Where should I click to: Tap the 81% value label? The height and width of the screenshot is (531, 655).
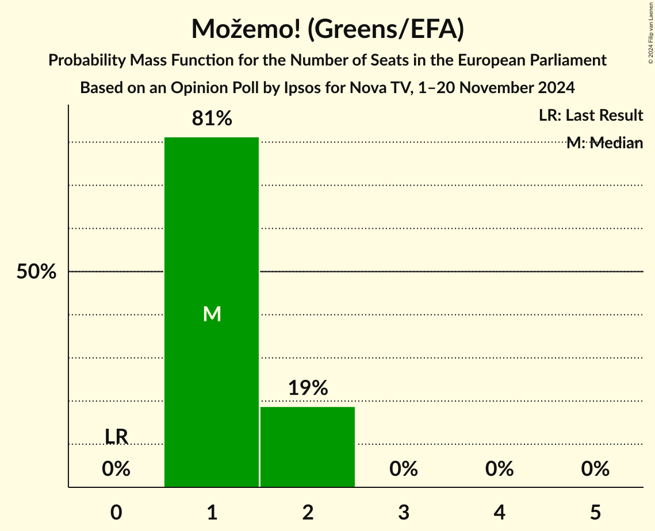[x=212, y=119]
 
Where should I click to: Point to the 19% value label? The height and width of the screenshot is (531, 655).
[x=308, y=388]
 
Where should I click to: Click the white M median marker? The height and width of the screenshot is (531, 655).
[x=212, y=314]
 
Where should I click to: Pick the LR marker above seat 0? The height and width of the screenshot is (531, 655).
[x=116, y=437]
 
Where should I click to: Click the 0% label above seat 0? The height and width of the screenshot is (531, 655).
[x=116, y=470]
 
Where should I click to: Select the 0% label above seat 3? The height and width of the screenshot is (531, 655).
[x=404, y=470]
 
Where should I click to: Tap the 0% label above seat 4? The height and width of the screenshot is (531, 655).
[x=499, y=470]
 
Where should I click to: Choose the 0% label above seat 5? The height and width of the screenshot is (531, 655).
[x=595, y=470]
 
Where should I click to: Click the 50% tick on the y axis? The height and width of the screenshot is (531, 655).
[x=36, y=272]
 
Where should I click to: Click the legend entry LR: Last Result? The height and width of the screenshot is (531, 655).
[x=591, y=116]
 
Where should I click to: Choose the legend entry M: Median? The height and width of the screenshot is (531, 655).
[x=604, y=143]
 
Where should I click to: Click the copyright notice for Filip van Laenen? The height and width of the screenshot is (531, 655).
[x=650, y=32]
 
